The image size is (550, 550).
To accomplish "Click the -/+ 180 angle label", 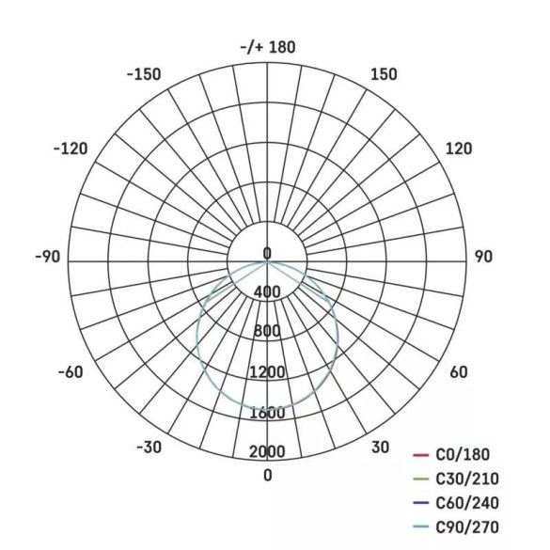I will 268,47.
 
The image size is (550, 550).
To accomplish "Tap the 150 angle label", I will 384,74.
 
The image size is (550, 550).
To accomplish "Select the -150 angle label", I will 143,74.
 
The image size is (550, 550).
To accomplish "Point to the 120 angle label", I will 459,149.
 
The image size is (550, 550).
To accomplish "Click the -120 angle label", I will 71,149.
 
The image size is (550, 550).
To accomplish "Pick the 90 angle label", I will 484,258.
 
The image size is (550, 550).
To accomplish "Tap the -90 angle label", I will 47,258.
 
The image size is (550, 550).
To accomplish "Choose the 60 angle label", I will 459,372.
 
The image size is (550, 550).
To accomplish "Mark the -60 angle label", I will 71,372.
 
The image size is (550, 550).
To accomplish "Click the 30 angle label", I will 380,447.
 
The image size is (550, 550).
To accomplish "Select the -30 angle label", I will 149,447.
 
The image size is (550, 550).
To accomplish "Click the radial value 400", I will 268,292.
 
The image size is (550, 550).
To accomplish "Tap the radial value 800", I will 268,332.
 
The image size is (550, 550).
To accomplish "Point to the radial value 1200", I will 268,372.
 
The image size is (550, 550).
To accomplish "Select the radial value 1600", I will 268,413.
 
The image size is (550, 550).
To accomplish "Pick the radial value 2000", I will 268,452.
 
